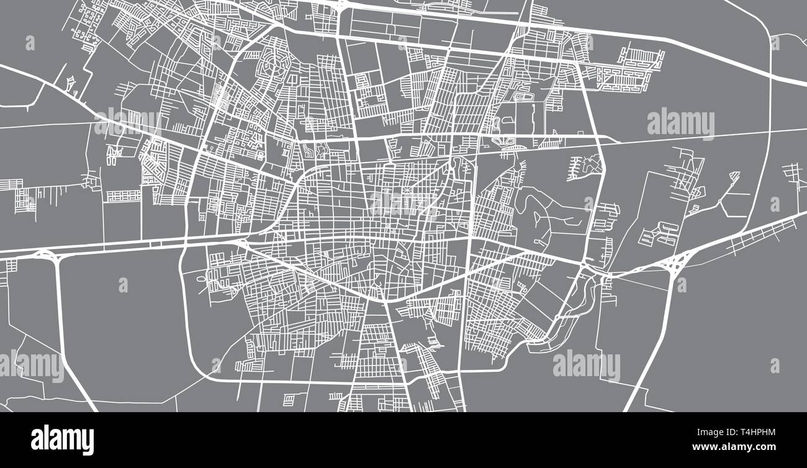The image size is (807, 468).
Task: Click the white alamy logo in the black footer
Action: [x=62, y=439]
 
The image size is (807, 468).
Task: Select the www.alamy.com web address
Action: [x=733, y=447]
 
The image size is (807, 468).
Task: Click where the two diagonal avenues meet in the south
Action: [x=385, y=300]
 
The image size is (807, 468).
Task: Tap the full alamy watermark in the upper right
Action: [x=680, y=124]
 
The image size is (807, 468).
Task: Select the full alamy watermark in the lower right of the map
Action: [x=586, y=366]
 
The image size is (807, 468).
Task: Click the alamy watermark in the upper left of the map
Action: [x=127, y=122]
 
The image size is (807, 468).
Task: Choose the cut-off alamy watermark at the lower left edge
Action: [x=31, y=366]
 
